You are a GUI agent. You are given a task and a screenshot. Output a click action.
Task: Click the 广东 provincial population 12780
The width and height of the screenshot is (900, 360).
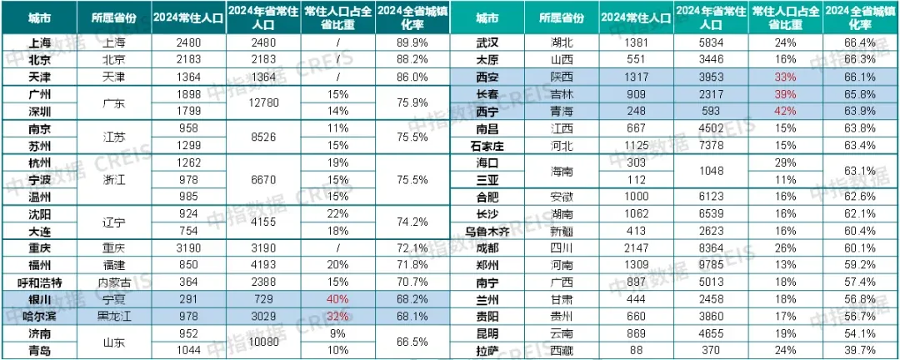pos(269,102)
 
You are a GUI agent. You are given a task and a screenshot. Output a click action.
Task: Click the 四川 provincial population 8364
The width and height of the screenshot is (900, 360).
pos(698,247)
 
